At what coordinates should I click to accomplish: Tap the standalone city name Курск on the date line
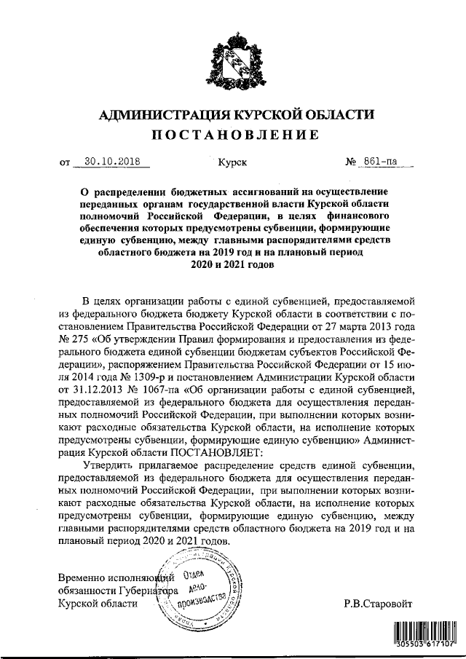[x=232, y=162]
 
